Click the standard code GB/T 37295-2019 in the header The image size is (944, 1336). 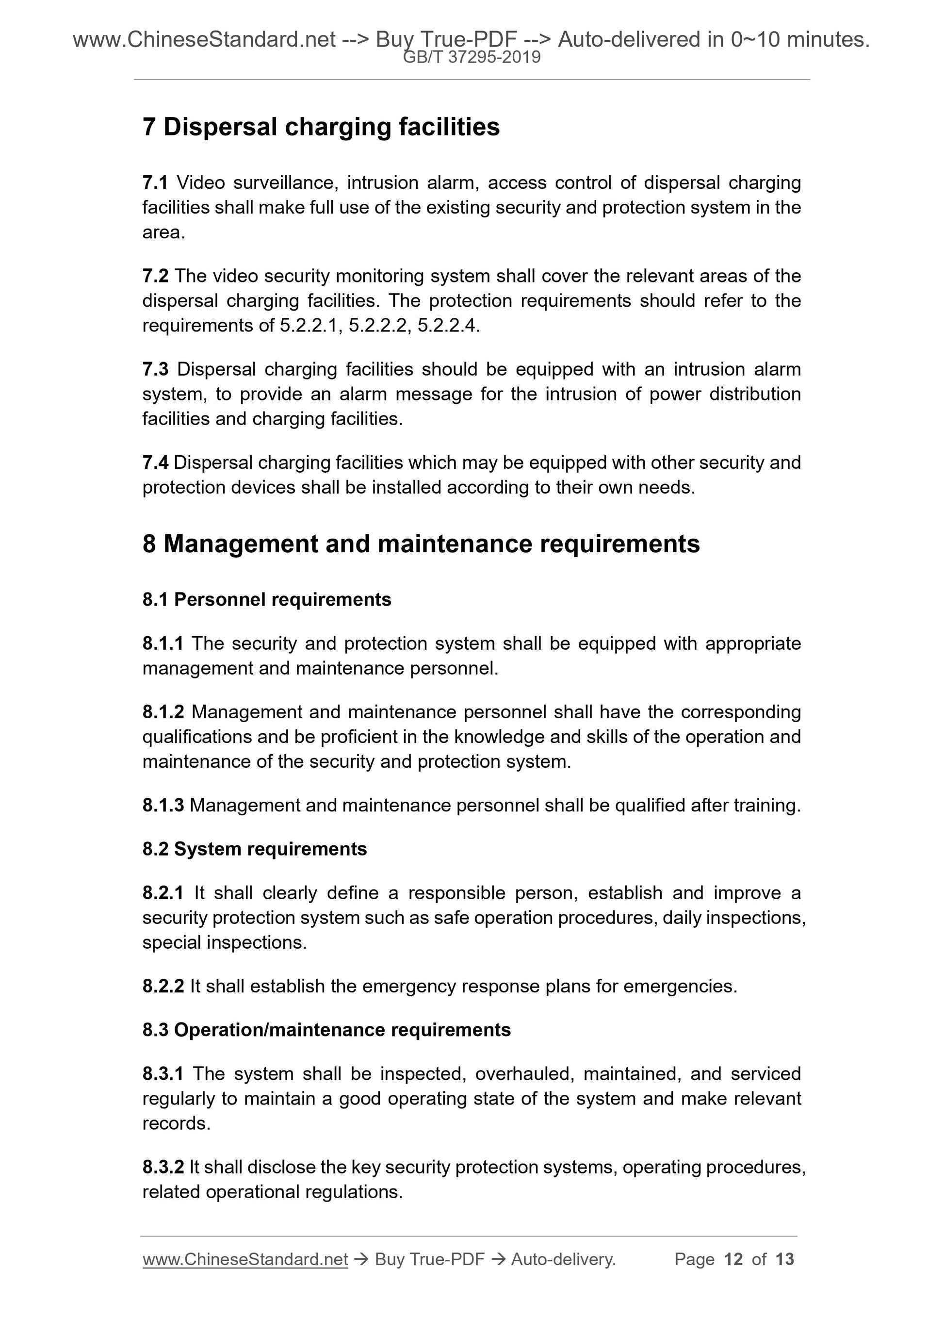[x=472, y=57]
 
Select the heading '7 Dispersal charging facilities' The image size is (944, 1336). [x=321, y=127]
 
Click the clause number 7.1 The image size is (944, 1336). [x=155, y=182]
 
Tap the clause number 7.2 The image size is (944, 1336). [x=155, y=276]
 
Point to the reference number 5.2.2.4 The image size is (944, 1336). [x=447, y=326]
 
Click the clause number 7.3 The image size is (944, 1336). [x=155, y=369]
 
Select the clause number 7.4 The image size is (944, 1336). [x=155, y=462]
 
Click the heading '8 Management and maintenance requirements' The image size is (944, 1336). [x=421, y=544]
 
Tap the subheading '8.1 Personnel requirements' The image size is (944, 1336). [x=266, y=600]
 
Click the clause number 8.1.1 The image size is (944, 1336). [x=163, y=643]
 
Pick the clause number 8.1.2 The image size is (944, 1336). [x=163, y=712]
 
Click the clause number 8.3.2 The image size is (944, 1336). [x=163, y=1167]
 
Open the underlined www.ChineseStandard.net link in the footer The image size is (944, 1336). [x=245, y=1259]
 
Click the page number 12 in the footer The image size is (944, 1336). [x=733, y=1259]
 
